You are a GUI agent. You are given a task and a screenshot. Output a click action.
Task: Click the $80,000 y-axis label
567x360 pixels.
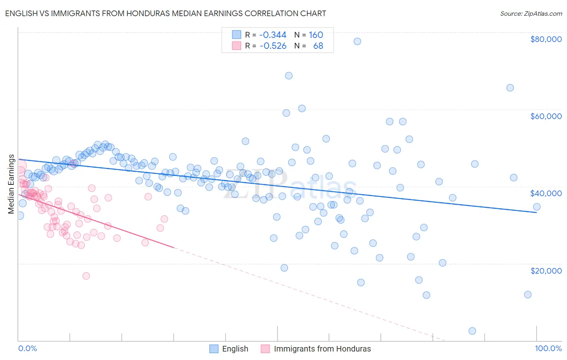(x=546, y=39)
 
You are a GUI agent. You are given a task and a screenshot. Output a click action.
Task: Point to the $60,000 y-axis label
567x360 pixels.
(x=546, y=116)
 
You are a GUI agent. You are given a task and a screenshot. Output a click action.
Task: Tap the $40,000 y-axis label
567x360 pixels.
(x=546, y=193)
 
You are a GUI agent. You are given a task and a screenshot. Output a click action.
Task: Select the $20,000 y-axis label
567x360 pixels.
(x=546, y=270)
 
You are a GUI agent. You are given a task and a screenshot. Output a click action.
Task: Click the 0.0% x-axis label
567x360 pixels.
(x=27, y=348)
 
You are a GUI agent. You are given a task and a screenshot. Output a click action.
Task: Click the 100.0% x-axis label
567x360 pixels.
(x=548, y=348)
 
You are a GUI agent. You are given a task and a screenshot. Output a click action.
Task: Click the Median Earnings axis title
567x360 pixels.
(x=11, y=184)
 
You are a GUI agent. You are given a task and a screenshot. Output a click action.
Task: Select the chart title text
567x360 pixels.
(x=166, y=13)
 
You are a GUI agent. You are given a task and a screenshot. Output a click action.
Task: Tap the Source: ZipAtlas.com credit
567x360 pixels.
(x=531, y=13)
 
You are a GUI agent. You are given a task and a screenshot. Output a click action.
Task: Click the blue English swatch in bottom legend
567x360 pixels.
(x=214, y=349)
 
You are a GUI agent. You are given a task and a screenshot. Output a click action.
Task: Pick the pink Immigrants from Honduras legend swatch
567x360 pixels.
(x=265, y=349)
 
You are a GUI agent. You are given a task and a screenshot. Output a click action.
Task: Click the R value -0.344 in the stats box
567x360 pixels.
(x=273, y=35)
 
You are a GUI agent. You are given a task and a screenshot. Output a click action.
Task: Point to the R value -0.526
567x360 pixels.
(x=273, y=46)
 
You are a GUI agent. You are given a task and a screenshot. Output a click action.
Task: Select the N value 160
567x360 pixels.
(x=316, y=35)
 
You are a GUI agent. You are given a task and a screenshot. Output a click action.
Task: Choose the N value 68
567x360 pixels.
(x=318, y=46)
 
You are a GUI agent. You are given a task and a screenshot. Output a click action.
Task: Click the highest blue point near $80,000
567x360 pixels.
(x=357, y=41)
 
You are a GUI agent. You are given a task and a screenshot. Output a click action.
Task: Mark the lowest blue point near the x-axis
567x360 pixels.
(x=472, y=331)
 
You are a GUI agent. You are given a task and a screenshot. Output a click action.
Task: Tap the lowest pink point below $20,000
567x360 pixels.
(x=86, y=276)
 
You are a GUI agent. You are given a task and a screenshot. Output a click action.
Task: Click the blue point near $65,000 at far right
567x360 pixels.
(x=510, y=88)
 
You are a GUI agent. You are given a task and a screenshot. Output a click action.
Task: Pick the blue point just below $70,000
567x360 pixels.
(x=289, y=75)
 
